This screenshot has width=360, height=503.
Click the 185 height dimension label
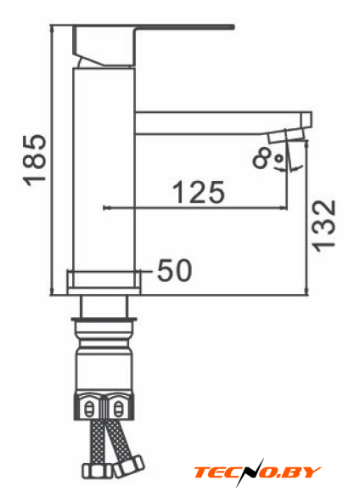35,160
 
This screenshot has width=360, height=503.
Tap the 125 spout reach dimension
199,192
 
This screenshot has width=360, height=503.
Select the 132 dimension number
323,226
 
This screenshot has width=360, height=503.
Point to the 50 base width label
174,270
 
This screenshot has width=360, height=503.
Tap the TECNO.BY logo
257,472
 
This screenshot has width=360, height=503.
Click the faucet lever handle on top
153,46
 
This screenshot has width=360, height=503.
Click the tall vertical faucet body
104,169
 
